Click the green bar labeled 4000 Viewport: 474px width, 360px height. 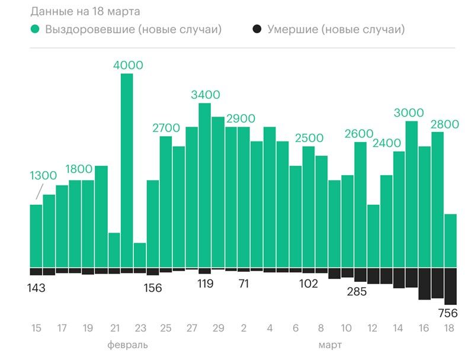tap(127, 171)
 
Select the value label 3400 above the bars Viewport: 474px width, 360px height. tap(206, 95)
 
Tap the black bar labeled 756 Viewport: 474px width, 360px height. tap(451, 286)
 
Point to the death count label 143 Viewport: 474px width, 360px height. tap(36, 288)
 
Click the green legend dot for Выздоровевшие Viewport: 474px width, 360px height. tap(36, 30)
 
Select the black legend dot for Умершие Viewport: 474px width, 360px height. tap(257, 30)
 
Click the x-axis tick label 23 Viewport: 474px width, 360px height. tap(140, 329)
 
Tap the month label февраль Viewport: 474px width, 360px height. tap(127, 345)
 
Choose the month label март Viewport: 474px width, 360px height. tap(330, 345)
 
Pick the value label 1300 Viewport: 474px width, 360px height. tap(43, 175)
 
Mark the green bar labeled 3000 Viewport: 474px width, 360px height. tap(412, 194)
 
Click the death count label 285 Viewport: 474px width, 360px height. tap(357, 291)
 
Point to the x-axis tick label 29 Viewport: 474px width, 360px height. tap(218, 329)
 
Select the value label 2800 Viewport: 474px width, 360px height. tap(445, 124)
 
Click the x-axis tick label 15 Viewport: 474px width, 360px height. tap(36, 329)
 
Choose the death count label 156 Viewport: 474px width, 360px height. tap(153, 288)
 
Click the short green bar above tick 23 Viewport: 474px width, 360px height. tap(140, 255)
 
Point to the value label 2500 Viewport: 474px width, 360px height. tap(309, 138)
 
